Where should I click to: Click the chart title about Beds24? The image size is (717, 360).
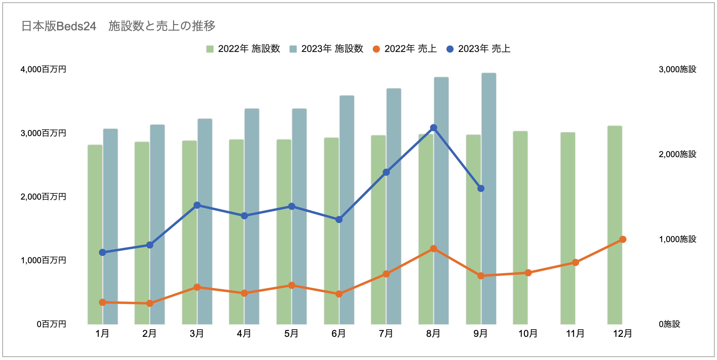click(x=118, y=26)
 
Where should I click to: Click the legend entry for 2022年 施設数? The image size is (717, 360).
click(x=243, y=49)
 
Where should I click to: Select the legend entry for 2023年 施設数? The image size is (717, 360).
click(x=326, y=49)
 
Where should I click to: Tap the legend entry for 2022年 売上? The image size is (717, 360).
click(x=405, y=49)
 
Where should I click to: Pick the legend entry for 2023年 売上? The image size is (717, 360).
click(x=478, y=49)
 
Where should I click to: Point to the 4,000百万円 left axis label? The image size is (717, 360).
click(x=43, y=70)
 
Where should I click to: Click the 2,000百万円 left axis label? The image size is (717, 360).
click(x=43, y=197)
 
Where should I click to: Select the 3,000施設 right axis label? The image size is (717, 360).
click(x=677, y=70)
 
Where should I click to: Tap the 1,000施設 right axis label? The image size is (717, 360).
click(x=677, y=239)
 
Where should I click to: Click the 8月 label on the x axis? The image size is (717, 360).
click(x=433, y=334)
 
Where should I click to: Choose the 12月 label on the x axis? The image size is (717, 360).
click(x=623, y=334)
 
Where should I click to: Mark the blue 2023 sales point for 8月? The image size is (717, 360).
click(x=434, y=128)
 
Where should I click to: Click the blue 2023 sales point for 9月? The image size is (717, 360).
click(x=481, y=188)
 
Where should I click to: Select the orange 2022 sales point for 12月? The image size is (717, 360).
click(x=623, y=239)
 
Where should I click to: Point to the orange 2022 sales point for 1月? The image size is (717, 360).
click(x=102, y=302)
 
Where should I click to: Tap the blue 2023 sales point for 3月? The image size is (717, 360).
click(x=197, y=205)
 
